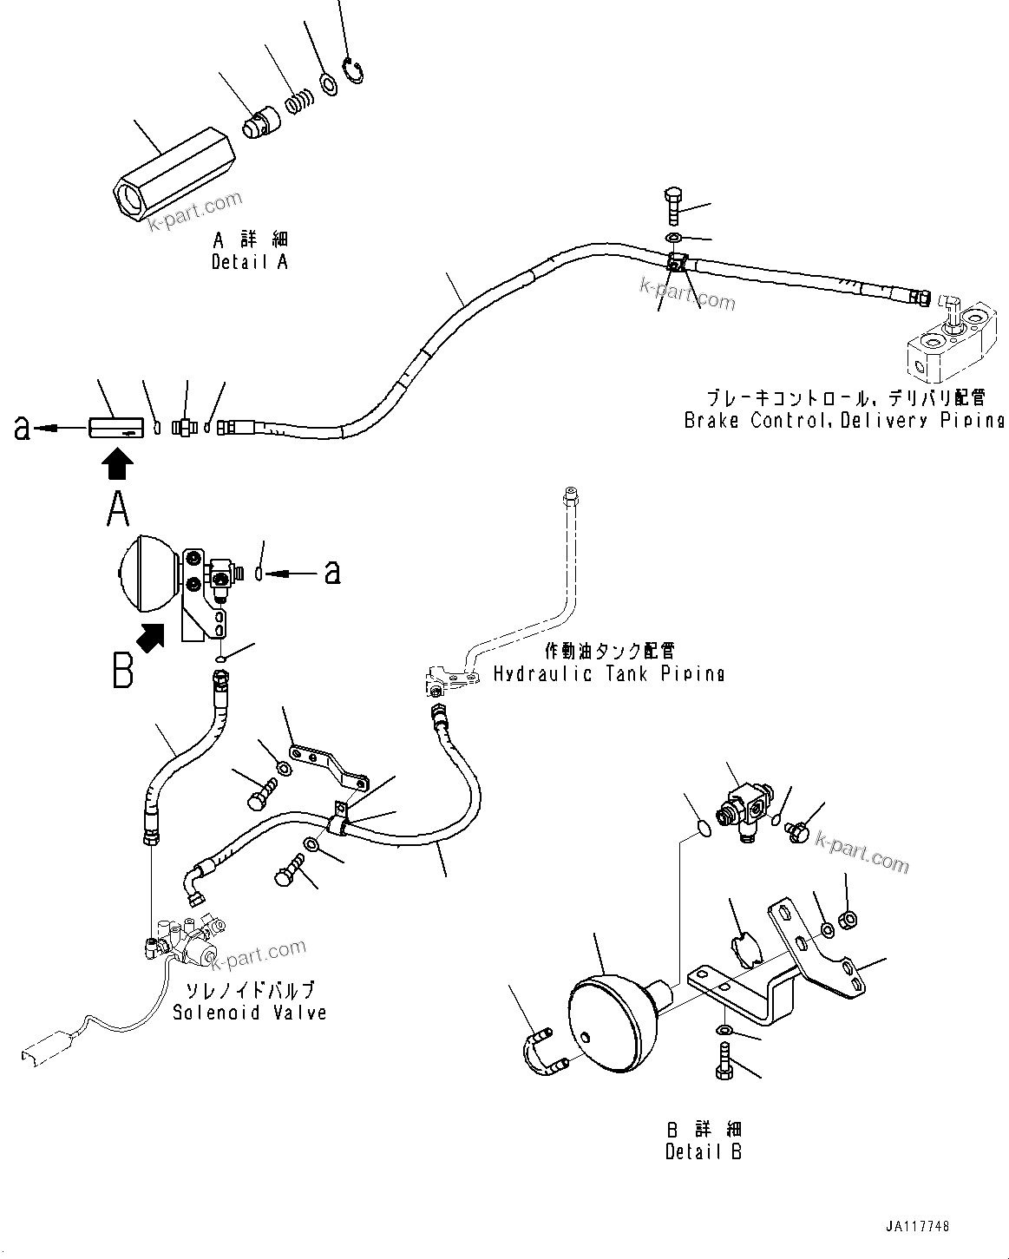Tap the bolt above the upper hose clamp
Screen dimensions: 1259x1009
pyautogui.click(x=674, y=205)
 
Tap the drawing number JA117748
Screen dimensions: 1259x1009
pyautogui.click(x=918, y=1226)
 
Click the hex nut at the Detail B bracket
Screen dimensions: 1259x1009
pyautogui.click(x=849, y=917)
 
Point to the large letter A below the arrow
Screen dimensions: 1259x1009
pyautogui.click(x=118, y=509)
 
